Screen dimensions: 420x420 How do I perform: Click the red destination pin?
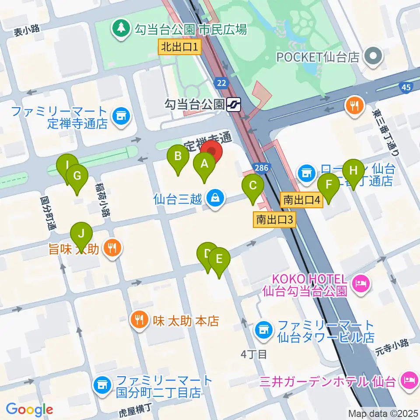(212, 152)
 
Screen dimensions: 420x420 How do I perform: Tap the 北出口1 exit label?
(180, 46)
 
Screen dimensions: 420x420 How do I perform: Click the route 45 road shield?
(406, 87)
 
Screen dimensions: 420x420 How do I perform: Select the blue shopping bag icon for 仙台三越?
(215, 199)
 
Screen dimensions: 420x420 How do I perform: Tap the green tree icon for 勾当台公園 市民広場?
(119, 29)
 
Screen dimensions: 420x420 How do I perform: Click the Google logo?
(29, 409)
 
